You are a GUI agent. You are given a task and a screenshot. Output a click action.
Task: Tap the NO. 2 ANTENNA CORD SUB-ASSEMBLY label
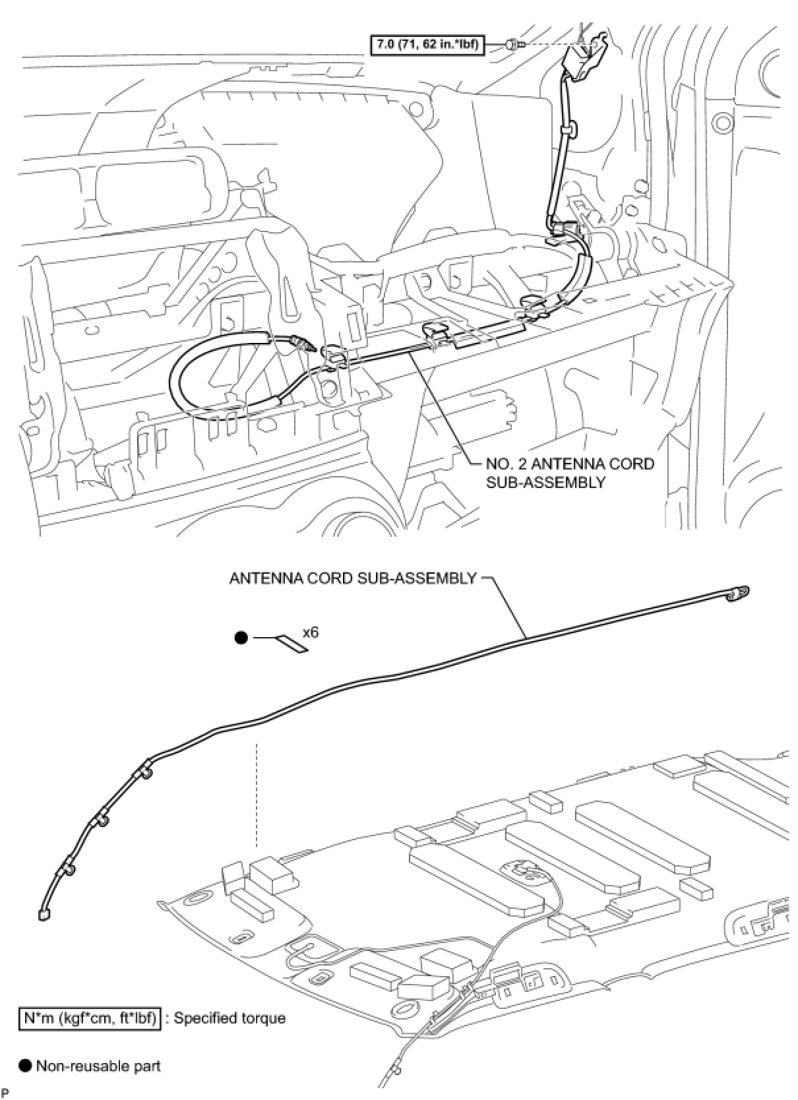click(x=570, y=473)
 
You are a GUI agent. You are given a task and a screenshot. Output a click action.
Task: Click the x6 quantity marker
click(x=311, y=632)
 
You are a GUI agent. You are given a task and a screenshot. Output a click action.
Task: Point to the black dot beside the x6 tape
click(x=241, y=638)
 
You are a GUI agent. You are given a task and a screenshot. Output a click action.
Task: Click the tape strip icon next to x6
click(x=293, y=644)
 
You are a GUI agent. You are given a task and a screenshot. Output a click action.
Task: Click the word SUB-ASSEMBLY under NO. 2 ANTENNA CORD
click(x=545, y=482)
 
